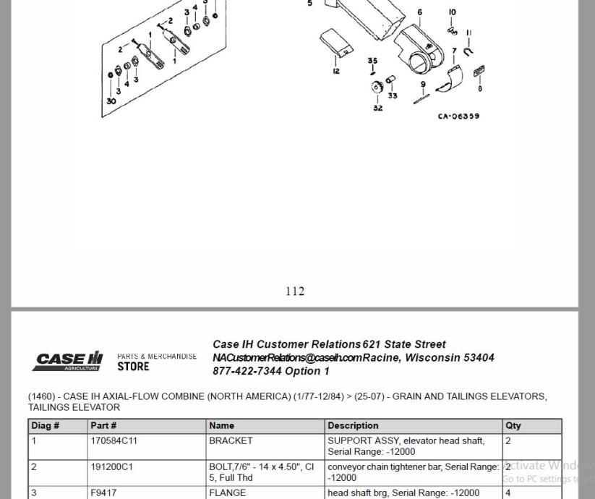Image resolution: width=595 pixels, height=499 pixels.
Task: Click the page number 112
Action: pyautogui.click(x=295, y=291)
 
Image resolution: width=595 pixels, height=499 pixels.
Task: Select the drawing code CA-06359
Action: pyautogui.click(x=458, y=116)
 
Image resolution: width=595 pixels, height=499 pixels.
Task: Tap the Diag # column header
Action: pyautogui.click(x=46, y=425)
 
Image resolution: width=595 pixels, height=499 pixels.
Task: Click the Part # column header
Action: pyautogui.click(x=103, y=425)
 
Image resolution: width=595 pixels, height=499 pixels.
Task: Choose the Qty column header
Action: pyautogui.click(x=513, y=425)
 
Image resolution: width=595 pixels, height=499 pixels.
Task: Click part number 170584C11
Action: pyautogui.click(x=114, y=440)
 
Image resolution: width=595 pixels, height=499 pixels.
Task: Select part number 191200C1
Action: pyautogui.click(x=111, y=467)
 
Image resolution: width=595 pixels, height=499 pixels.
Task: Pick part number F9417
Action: pyautogui.click(x=103, y=493)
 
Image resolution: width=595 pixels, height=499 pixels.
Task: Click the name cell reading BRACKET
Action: pyautogui.click(x=231, y=440)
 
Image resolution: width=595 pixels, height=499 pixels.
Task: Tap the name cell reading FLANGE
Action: pyautogui.click(x=227, y=493)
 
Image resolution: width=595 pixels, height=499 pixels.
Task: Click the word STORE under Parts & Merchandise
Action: pyautogui.click(x=133, y=367)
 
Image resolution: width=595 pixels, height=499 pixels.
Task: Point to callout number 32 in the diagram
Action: pyautogui.click(x=377, y=108)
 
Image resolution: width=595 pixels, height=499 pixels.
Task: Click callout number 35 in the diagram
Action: pyautogui.click(x=372, y=61)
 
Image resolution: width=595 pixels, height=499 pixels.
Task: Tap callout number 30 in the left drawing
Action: pyautogui.click(x=111, y=101)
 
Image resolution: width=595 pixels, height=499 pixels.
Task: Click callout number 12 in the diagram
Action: pyautogui.click(x=336, y=71)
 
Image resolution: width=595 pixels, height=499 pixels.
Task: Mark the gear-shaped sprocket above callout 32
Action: pyautogui.click(x=377, y=88)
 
